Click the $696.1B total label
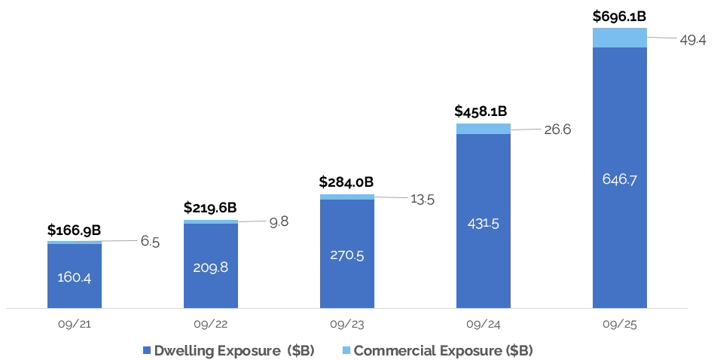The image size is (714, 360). (620, 15)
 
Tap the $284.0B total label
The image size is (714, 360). (346, 182)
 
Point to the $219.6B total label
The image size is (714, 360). (210, 207)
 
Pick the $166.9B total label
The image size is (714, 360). (74, 230)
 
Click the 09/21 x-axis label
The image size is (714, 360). (74, 325)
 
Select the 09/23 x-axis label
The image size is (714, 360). (346, 325)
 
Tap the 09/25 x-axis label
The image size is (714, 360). (620, 325)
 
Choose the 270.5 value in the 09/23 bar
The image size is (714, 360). (347, 255)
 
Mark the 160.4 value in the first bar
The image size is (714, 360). (75, 277)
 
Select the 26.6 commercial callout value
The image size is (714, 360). (557, 130)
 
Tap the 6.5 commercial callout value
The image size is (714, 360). (149, 242)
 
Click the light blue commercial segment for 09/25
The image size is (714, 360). (620, 38)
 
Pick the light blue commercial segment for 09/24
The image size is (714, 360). (484, 129)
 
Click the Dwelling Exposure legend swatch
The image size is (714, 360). (147, 351)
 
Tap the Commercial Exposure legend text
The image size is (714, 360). (444, 351)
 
